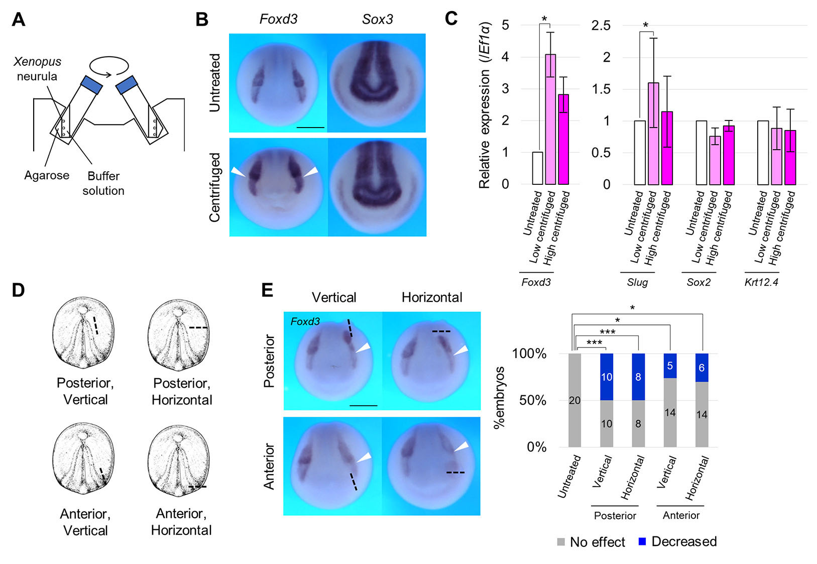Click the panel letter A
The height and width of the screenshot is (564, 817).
19,20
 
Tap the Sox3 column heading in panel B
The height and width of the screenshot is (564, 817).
377,20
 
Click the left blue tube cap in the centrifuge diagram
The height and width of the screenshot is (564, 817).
92,84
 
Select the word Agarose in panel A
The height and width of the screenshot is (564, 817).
47,175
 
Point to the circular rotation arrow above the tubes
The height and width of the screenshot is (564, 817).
109,66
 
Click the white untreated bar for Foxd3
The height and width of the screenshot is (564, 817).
537,168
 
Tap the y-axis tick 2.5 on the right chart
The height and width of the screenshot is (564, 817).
601,26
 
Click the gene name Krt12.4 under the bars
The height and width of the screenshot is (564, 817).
761,282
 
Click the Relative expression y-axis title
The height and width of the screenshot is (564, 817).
484,105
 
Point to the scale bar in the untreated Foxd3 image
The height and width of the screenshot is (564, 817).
310,128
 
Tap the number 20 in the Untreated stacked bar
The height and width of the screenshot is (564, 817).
574,400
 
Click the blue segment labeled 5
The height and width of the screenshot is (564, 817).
670,366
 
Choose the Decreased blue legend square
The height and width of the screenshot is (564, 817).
642,541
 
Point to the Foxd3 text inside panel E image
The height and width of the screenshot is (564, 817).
305,321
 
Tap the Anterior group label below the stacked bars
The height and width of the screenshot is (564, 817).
680,515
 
